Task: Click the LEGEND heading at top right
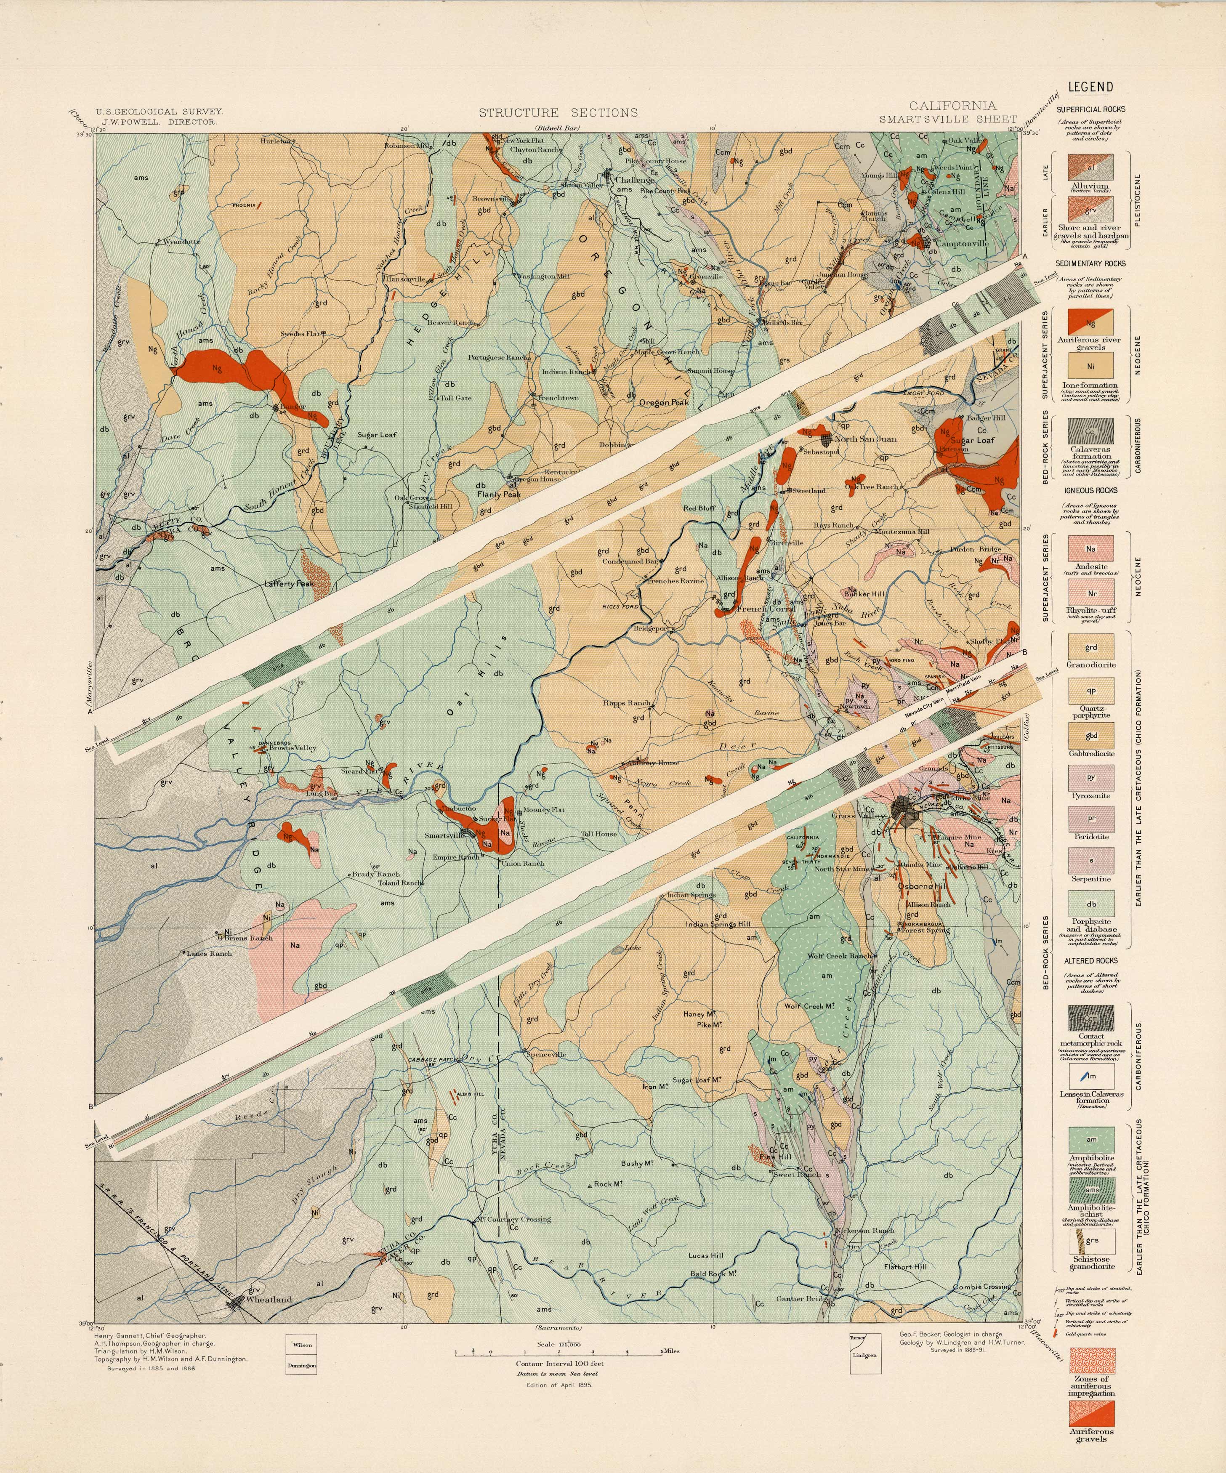[1090, 88]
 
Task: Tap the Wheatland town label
[269, 1299]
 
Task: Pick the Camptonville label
[962, 244]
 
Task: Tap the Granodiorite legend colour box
[1090, 647]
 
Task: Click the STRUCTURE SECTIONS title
[558, 112]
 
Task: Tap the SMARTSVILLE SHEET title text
[947, 119]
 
